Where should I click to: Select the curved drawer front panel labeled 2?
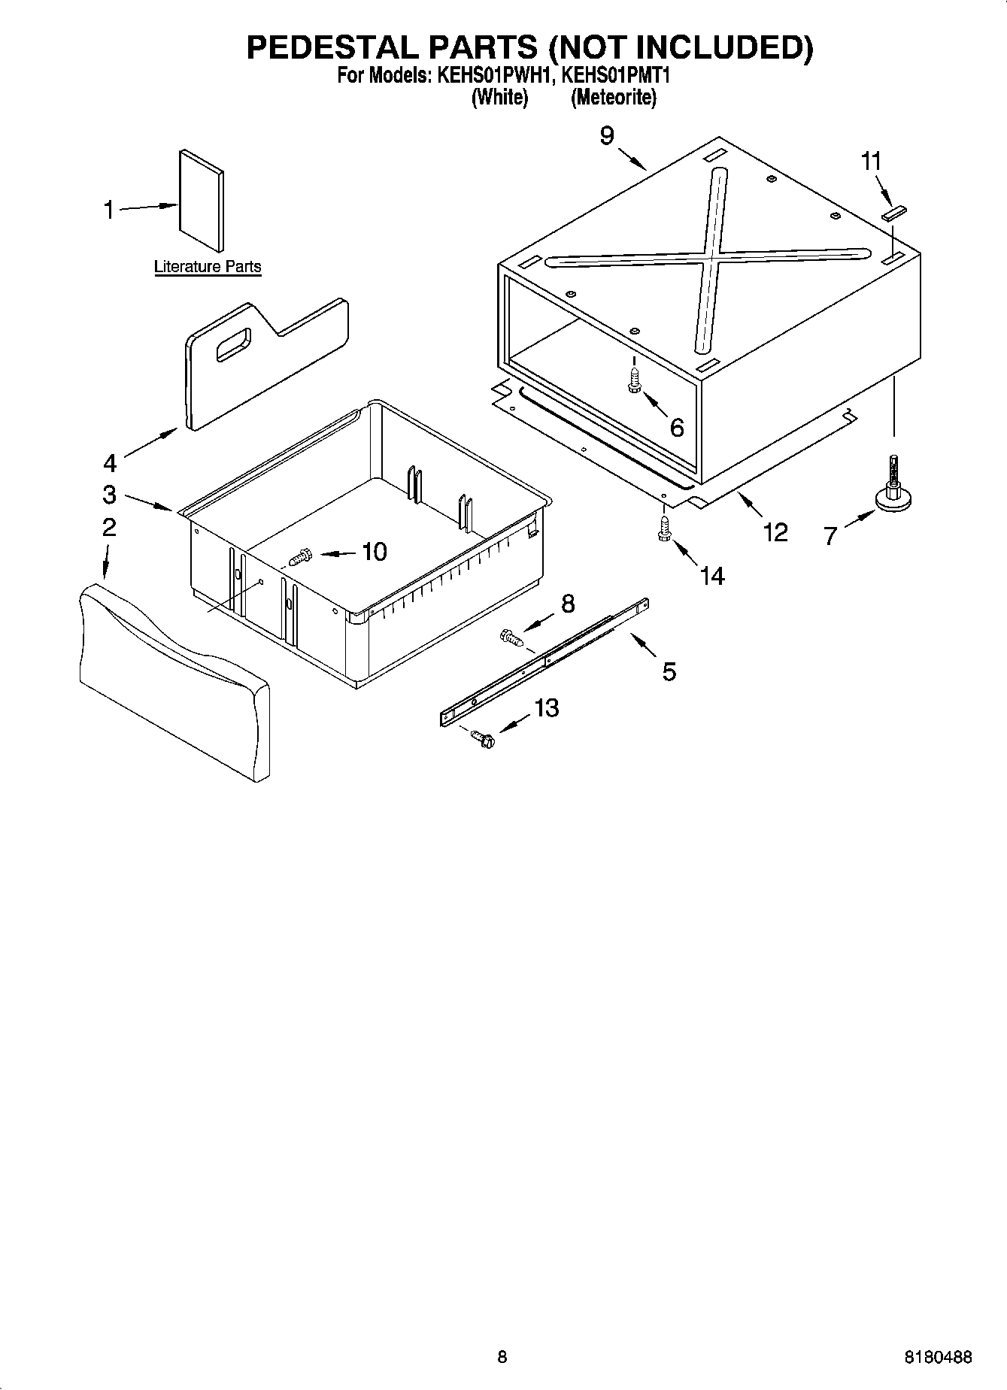tap(173, 680)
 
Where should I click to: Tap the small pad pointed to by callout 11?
tap(894, 213)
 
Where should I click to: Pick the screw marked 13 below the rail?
tap(482, 739)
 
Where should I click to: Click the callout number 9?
tap(607, 136)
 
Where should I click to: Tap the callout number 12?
tap(775, 532)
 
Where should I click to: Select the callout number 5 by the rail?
tap(669, 671)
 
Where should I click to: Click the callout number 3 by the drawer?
tap(110, 494)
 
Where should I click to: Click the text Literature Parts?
tap(208, 266)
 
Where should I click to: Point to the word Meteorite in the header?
tap(613, 98)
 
